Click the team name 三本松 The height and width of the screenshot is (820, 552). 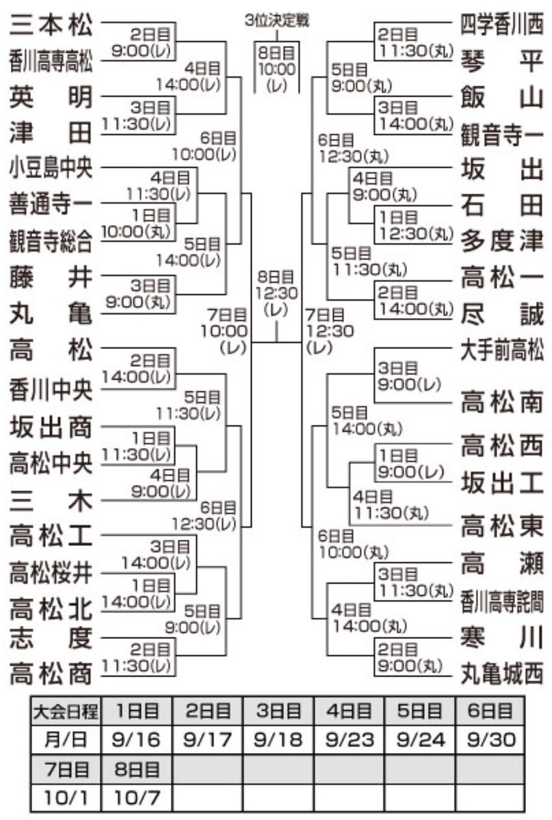(51, 25)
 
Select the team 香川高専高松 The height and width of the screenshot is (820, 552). (51, 61)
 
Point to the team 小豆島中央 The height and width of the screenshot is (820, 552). (51, 167)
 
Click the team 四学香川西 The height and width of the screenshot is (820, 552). (502, 25)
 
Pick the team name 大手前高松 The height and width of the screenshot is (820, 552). (502, 351)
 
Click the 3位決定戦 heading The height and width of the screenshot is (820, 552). (277, 20)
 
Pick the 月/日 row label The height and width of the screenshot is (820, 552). (66, 740)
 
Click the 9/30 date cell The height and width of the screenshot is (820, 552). (490, 740)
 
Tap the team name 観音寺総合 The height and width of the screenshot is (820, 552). (51, 241)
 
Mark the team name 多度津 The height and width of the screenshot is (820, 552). (502, 241)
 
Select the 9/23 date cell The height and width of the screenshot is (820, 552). (349, 740)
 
